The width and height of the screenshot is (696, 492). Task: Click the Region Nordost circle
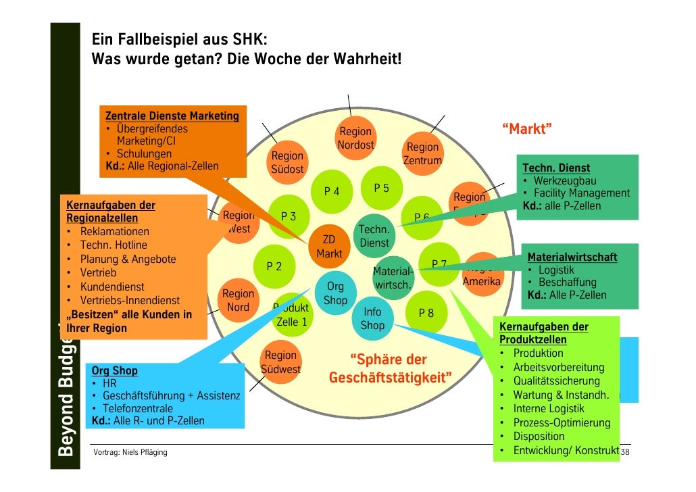coord(355,139)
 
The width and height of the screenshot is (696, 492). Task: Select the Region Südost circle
coord(287,163)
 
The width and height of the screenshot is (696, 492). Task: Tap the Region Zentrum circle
coord(422,154)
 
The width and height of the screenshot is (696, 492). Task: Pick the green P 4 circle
coord(332,191)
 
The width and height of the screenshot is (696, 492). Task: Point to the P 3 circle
coord(289,217)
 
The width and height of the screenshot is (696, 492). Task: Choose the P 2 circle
coord(274,266)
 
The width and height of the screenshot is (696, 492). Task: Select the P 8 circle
coord(426,313)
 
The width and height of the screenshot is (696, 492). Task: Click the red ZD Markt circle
coord(329,247)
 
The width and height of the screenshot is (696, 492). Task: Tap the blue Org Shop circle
coord(335,293)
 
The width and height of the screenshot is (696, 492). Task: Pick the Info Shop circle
coord(372,319)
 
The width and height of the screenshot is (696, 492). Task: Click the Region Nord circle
coord(238,301)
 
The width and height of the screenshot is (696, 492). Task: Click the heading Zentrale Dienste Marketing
coord(172,116)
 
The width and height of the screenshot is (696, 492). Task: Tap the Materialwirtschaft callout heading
coord(572,257)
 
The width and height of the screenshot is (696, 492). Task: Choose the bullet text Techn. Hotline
coord(113,245)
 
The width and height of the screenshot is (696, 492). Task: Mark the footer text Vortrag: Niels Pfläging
coord(130,453)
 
